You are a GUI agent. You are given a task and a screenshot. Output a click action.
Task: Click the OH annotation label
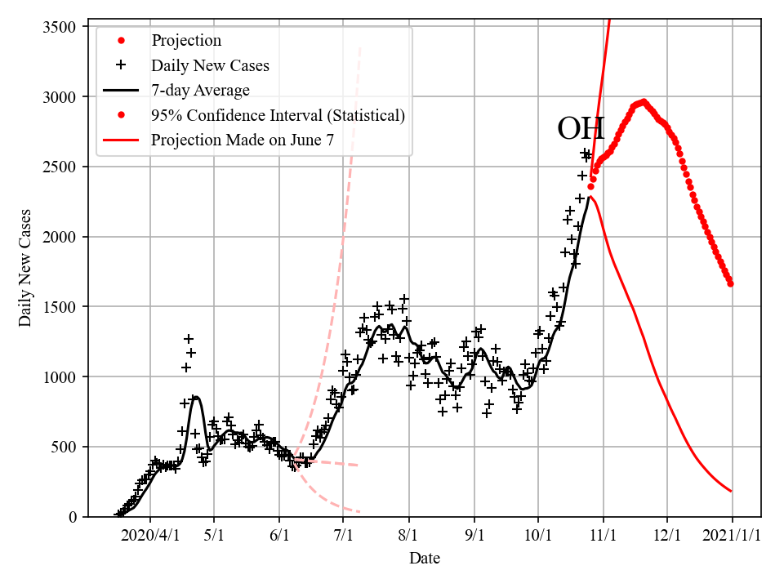tap(581, 129)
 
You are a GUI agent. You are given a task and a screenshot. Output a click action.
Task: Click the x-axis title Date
tap(424, 559)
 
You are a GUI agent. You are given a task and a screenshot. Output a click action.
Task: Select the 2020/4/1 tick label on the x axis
tap(149, 537)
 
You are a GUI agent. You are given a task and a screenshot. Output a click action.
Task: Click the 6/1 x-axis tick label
tap(279, 537)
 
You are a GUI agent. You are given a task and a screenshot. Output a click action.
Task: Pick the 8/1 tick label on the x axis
tap(409, 537)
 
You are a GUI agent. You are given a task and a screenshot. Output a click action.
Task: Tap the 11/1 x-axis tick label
tap(603, 537)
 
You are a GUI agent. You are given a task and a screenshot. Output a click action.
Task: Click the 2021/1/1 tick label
tap(732, 537)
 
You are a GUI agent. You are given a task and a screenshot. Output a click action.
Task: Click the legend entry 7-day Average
tap(200, 90)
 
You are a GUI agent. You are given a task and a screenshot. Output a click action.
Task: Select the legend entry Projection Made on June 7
tap(243, 140)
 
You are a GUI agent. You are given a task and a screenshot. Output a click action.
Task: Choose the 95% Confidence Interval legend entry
tap(278, 115)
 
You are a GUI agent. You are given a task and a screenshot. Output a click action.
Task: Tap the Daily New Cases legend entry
tap(210, 65)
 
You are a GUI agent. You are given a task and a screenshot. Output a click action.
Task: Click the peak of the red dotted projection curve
tap(644, 102)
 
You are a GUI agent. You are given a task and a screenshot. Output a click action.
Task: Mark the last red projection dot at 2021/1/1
tap(731, 283)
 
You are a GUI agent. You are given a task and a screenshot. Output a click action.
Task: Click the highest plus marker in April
tap(189, 338)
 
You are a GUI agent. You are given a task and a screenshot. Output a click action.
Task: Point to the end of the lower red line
tap(731, 491)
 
